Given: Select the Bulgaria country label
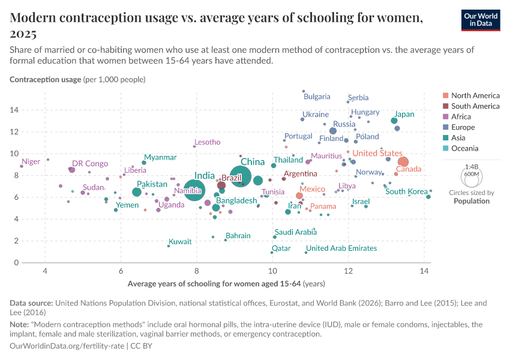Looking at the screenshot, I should pos(317,97).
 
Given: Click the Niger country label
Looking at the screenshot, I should pos(31,162).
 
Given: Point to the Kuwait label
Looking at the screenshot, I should pos(180,242).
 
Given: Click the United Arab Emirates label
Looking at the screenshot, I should pos(341,248).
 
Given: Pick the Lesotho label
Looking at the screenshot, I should pos(208,142).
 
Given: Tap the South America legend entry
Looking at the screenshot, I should pos(475,106).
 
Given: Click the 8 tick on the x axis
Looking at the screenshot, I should pos(197,272).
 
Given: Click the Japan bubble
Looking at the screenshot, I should pos(394,121).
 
